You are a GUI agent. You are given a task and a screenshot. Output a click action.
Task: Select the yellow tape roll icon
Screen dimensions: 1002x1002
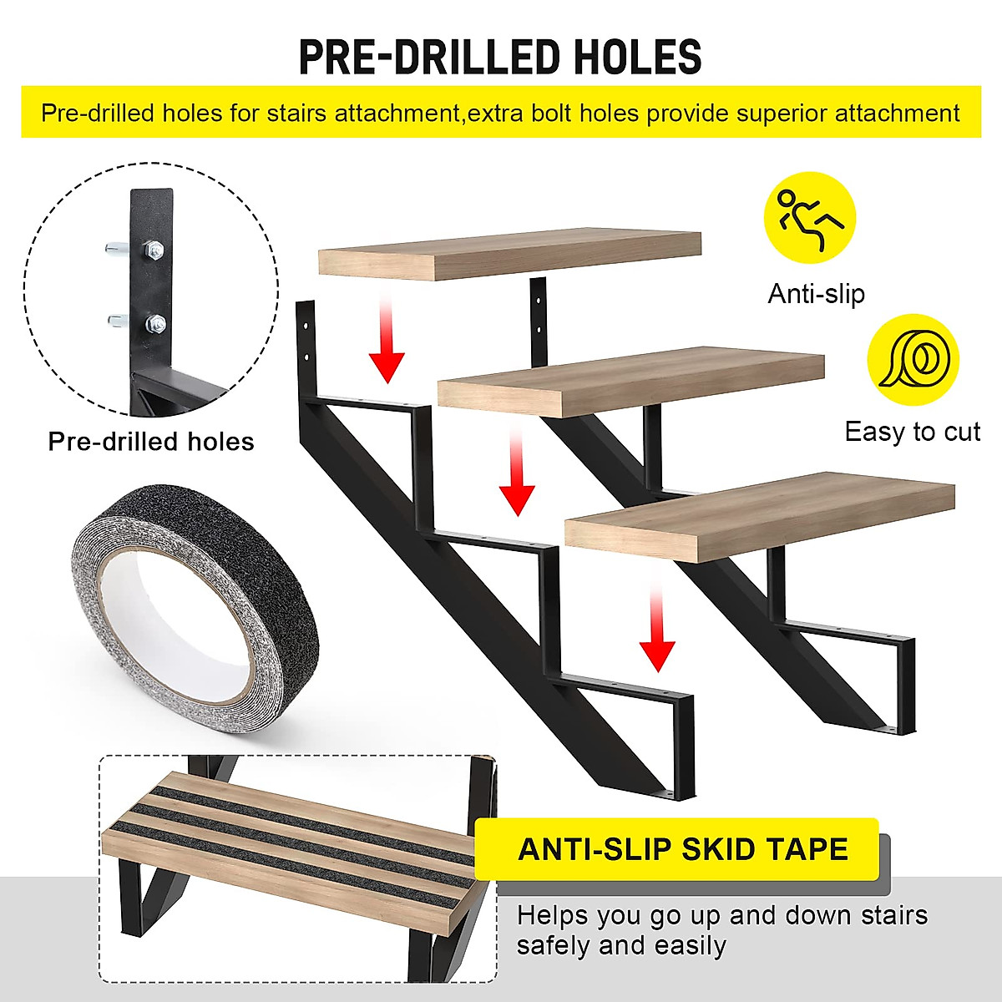point(913,359)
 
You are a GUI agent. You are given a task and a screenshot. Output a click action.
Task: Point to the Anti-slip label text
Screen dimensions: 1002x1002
point(816,294)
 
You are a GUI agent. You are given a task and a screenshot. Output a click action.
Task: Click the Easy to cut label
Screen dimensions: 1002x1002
point(912,432)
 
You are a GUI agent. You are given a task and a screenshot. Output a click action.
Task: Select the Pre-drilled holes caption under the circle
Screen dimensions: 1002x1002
point(151,441)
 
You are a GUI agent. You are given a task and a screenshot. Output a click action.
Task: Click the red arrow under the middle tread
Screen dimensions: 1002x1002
point(516,468)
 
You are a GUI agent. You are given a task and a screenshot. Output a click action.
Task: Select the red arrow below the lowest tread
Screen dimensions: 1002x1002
point(657,626)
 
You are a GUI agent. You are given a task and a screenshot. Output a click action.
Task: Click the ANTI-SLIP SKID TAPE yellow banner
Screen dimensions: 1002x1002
point(682,849)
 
